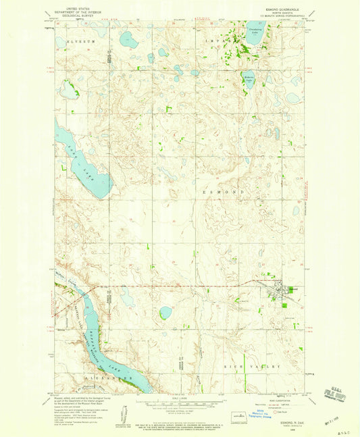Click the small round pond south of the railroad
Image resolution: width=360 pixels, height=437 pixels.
165,313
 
